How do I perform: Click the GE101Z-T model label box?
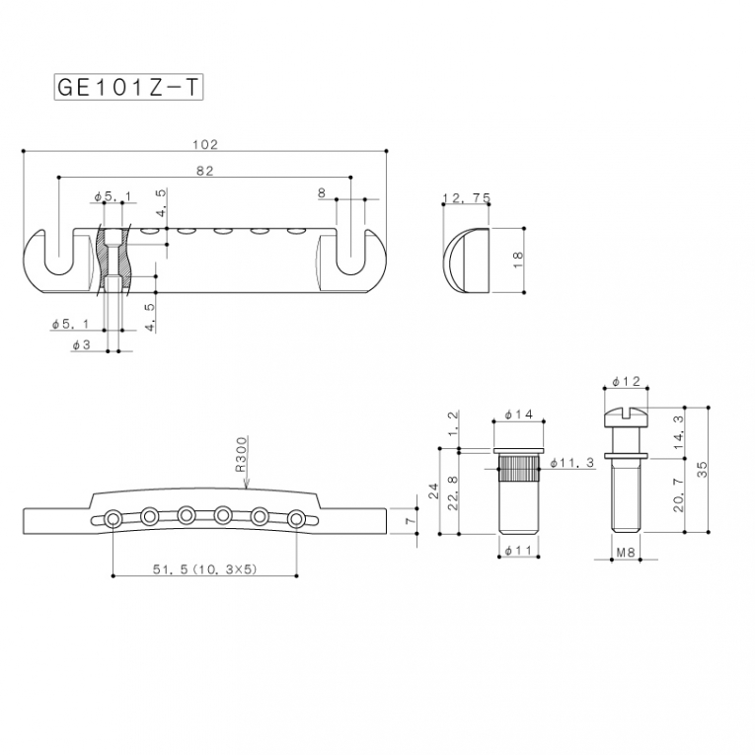(128, 87)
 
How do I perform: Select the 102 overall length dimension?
(205, 144)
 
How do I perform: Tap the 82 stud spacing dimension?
(205, 171)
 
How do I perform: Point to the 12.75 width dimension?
(466, 197)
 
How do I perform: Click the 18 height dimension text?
(517, 260)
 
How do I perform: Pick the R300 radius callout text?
(241, 454)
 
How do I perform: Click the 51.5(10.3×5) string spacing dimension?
(205, 569)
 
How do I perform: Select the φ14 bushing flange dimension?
(518, 415)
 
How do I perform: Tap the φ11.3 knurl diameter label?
(572, 463)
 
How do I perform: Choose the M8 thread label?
(626, 553)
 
